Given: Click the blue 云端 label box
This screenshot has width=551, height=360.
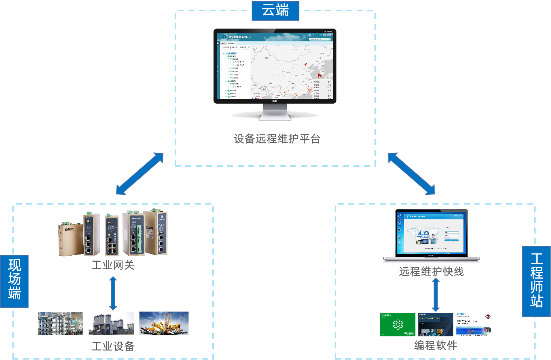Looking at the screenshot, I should pyautogui.click(x=275, y=11).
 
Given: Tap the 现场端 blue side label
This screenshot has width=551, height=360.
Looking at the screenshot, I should pyautogui.click(x=14, y=281).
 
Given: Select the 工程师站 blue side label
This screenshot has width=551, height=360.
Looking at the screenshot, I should pyautogui.click(x=536, y=281).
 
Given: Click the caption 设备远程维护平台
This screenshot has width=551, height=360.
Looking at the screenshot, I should pyautogui.click(x=277, y=139).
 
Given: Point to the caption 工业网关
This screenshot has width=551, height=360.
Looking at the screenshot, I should pyautogui.click(x=113, y=265).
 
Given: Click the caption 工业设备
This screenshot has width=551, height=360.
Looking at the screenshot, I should pyautogui.click(x=113, y=346).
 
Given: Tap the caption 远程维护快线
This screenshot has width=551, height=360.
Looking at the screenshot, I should pyautogui.click(x=431, y=271).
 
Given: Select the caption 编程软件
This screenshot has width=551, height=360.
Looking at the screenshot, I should pyautogui.click(x=436, y=345).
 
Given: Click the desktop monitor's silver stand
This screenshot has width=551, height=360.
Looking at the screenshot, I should pyautogui.click(x=275, y=113).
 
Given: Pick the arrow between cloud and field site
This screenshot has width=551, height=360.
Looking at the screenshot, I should pyautogui.click(x=140, y=174).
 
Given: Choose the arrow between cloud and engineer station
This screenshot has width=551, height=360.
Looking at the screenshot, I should pyautogui.click(x=411, y=173).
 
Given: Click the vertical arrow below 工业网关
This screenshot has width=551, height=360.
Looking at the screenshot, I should pyautogui.click(x=113, y=294).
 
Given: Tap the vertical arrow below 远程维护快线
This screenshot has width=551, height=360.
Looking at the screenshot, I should pyautogui.click(x=436, y=295).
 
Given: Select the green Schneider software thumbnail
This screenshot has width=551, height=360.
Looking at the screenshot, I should pyautogui.click(x=397, y=324).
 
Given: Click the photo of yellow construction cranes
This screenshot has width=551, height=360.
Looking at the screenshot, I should pyautogui.click(x=164, y=323).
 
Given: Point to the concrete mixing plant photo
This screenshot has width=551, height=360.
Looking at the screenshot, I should pyautogui.click(x=111, y=324).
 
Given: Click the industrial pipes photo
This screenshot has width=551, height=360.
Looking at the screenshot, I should pyautogui.click(x=60, y=324).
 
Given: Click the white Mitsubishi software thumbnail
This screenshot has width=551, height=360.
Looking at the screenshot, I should pyautogui.click(x=474, y=324).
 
